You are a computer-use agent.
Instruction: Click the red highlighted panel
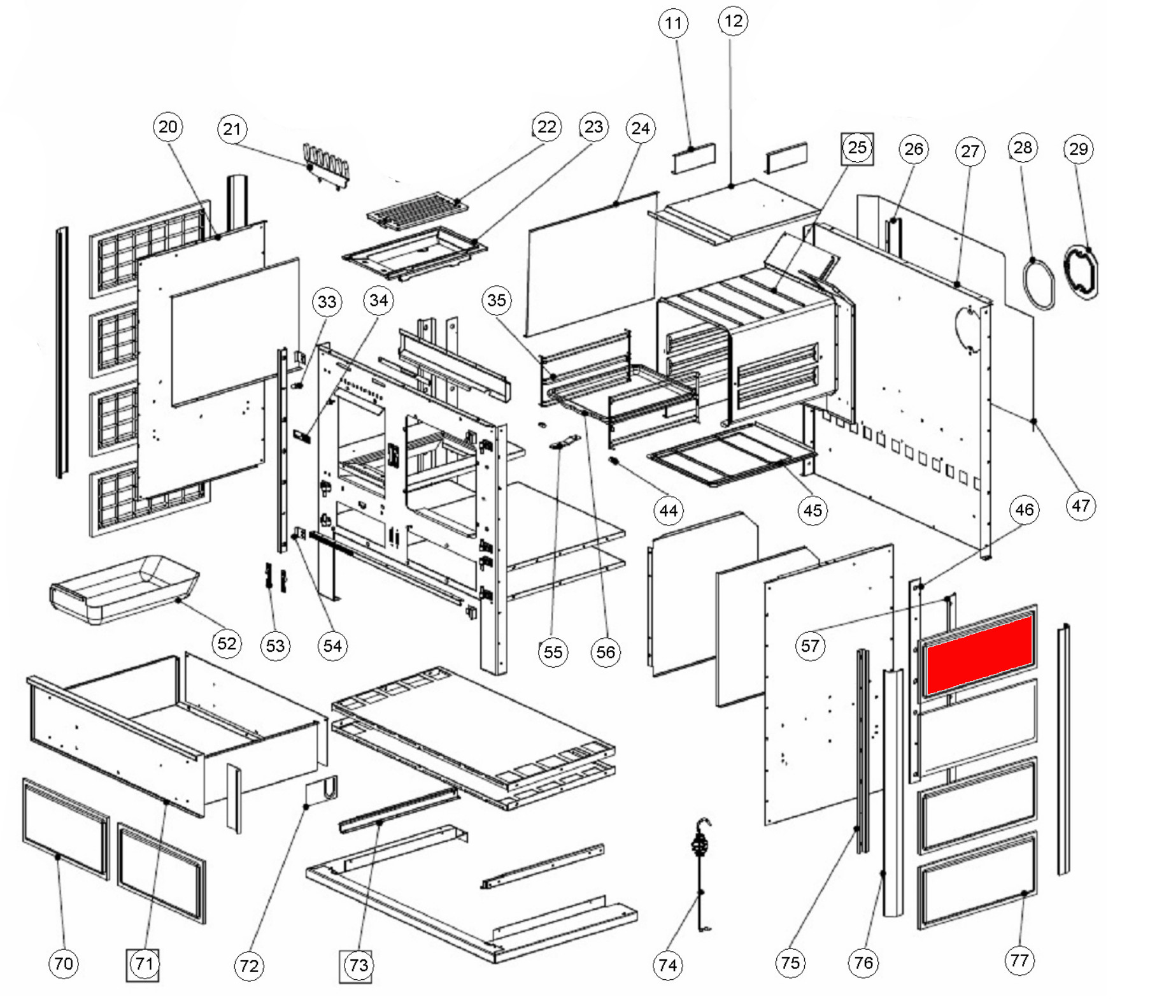(x=979, y=656)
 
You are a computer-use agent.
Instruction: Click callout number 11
(x=673, y=24)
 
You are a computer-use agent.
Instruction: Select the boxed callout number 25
(x=857, y=148)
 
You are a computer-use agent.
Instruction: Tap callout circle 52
(x=227, y=643)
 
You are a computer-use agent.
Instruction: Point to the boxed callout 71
(x=143, y=965)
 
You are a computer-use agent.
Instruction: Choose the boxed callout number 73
(x=357, y=966)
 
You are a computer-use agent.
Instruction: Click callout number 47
(x=1080, y=506)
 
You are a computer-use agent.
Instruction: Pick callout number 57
(x=810, y=646)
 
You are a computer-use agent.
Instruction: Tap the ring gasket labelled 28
(x=1039, y=283)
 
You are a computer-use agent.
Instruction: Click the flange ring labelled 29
(x=1082, y=273)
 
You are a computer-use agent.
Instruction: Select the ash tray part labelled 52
(x=124, y=589)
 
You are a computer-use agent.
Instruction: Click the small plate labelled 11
(x=694, y=157)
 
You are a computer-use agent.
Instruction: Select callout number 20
(x=168, y=127)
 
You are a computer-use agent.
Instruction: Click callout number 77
(x=1019, y=961)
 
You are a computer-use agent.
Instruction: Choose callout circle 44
(x=669, y=510)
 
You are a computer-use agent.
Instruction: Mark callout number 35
(x=496, y=301)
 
